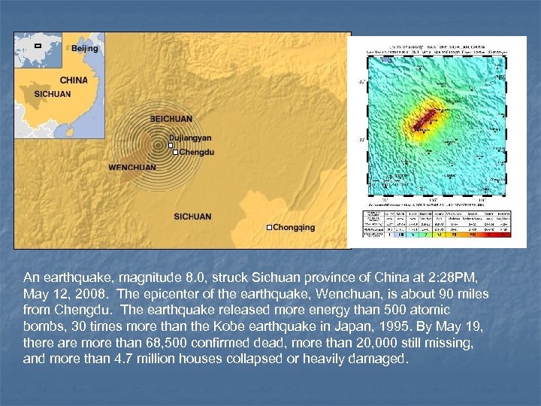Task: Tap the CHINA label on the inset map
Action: tap(73, 80)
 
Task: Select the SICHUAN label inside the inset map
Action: tap(53, 94)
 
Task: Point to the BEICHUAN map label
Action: tap(171, 119)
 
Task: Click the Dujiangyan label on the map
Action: tap(190, 138)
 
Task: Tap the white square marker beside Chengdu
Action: tap(177, 152)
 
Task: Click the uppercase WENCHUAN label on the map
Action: tap(133, 167)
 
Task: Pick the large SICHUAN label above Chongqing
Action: tap(192, 217)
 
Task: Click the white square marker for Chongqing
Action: tap(269, 227)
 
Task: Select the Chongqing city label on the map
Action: tap(294, 227)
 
